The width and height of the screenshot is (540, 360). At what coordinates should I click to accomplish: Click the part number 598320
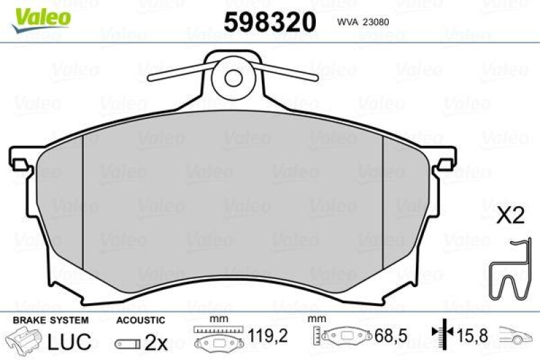[x=270, y=22]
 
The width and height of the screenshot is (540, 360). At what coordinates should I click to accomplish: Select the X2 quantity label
[x=510, y=216]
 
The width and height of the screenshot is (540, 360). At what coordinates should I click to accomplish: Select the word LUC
[x=69, y=342]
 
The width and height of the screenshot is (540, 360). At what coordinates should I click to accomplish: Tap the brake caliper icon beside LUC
[x=25, y=341]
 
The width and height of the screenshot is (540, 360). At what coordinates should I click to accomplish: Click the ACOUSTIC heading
[x=140, y=319]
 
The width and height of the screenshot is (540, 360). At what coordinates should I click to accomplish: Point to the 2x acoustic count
[x=157, y=342]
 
